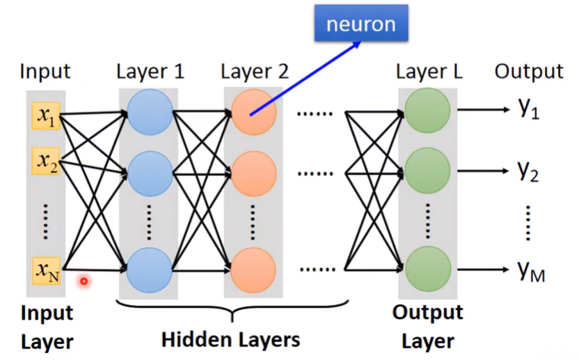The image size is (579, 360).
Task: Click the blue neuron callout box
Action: pyautogui.click(x=361, y=23)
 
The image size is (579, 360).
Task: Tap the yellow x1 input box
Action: pyautogui.click(x=46, y=116)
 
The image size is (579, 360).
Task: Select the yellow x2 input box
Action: pyautogui.click(x=46, y=161)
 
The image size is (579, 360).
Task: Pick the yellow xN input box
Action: pyautogui.click(x=46, y=271)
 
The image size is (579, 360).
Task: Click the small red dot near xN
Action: pyautogui.click(x=84, y=281)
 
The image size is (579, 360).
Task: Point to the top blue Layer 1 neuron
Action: pyautogui.click(x=150, y=112)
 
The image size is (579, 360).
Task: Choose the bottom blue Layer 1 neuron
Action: pyautogui.click(x=149, y=270)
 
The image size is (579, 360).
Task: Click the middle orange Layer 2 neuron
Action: pyautogui.click(x=254, y=173)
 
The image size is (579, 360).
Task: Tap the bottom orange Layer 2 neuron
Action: pyautogui.click(x=253, y=270)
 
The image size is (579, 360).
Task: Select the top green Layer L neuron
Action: pyautogui.click(x=427, y=111)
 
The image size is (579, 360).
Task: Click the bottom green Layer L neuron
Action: pyautogui.click(x=427, y=269)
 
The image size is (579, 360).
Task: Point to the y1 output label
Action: pyautogui.click(x=529, y=109)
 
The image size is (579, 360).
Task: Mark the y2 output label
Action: pyautogui.click(x=528, y=171)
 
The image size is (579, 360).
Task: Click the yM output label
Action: pyautogui.click(x=531, y=272)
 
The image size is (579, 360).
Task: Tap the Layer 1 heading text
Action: pyautogui.click(x=150, y=71)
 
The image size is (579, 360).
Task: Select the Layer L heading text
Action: pyautogui.click(x=429, y=71)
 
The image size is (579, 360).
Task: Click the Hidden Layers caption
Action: pyautogui.click(x=231, y=340)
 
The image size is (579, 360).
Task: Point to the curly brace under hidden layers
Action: pyautogui.click(x=232, y=310)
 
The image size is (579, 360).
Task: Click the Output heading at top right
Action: pyautogui.click(x=529, y=71)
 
